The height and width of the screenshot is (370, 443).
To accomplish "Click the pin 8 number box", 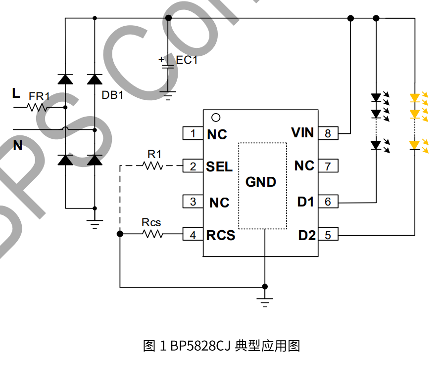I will pos(328,133).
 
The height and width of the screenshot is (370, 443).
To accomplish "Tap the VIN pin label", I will pos(302,133).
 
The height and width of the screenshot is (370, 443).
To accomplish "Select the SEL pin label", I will pos(219,167).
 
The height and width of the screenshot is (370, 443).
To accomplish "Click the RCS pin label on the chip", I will pos(221,236).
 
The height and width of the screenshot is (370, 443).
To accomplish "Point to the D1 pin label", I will pos(305,202).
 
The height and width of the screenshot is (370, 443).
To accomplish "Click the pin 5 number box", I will pos(328,236).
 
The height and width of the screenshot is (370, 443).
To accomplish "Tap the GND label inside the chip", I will pos(261,182).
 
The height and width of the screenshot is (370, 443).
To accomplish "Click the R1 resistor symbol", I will pos(153,166).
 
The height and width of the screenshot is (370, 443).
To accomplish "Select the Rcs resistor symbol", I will pos(153,234).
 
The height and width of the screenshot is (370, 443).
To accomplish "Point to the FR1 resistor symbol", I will pos(38,107).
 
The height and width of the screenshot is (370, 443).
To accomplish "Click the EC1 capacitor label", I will pos(187,60).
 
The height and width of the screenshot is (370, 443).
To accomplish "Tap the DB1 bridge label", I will pos(112,95).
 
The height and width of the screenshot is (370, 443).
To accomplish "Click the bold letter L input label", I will pos(16,93).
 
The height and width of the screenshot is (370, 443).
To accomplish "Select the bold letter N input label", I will pos(18,146).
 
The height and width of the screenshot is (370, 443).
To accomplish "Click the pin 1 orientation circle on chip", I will pos(215,118).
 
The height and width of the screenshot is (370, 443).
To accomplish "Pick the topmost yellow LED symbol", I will pos(415,97).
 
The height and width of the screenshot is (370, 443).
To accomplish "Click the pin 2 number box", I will pos(193,166).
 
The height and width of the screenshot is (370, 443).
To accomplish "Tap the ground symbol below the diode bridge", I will pos(95,223).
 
